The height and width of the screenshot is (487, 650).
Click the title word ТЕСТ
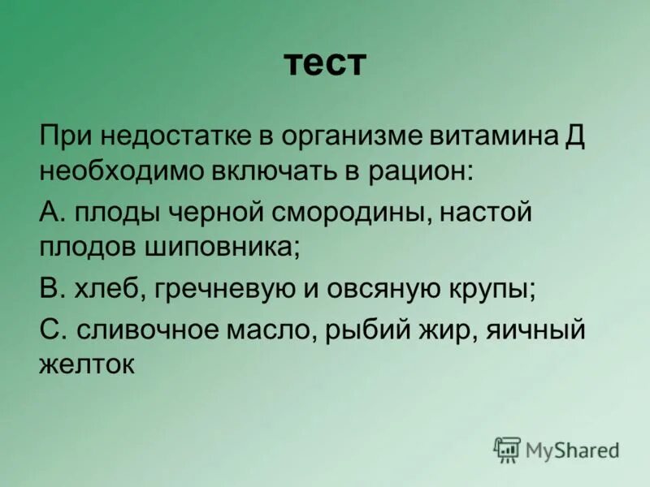pyautogui.click(x=325, y=63)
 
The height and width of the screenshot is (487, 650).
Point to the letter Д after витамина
pyautogui.click(x=574, y=135)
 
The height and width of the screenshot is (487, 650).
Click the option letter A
pyautogui.click(x=49, y=213)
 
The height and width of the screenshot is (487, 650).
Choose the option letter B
pyautogui.click(x=48, y=288)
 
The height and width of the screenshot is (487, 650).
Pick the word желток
pyautogui.click(x=85, y=364)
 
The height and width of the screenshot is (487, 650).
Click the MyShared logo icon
pyautogui.click(x=507, y=449)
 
